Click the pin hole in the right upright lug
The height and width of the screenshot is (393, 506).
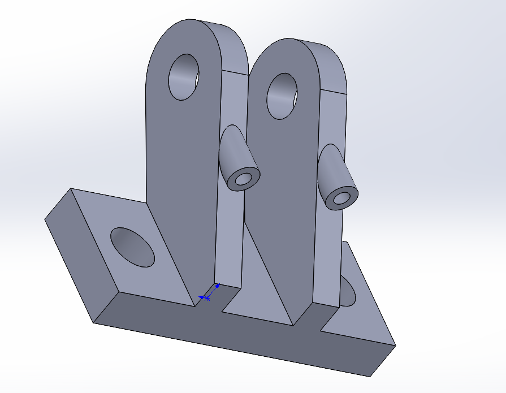(282, 96)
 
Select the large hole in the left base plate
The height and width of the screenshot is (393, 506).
(132, 247)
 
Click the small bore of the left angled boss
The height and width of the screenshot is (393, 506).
(245, 179)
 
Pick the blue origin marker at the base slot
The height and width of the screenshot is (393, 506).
(207, 297)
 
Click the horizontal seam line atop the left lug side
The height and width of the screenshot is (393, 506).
(235, 72)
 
